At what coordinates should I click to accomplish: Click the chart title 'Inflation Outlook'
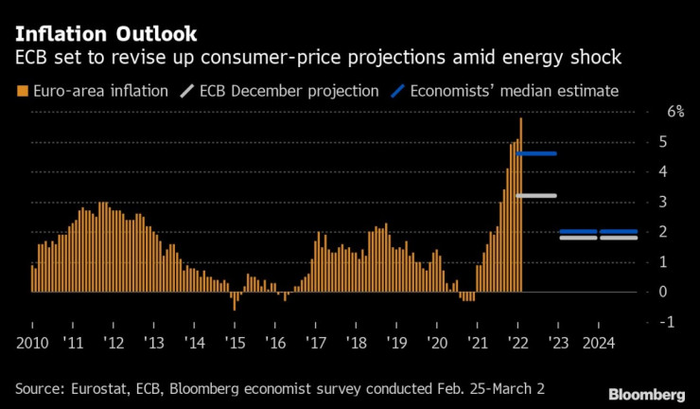(106, 35)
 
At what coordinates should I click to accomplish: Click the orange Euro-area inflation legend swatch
(22, 92)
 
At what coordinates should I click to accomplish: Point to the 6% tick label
(675, 111)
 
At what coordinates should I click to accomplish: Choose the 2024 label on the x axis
(598, 343)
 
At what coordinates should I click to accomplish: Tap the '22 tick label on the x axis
(517, 343)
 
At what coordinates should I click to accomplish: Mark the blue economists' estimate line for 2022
(535, 153)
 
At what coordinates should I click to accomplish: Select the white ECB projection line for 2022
(535, 195)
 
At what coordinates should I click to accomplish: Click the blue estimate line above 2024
(619, 231)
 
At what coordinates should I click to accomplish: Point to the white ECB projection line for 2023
(577, 238)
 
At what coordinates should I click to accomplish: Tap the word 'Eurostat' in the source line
(101, 389)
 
